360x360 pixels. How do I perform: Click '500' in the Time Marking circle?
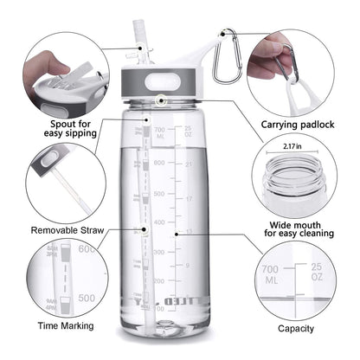[x=87, y=297]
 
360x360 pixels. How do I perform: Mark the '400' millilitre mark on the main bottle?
[x=158, y=222]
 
